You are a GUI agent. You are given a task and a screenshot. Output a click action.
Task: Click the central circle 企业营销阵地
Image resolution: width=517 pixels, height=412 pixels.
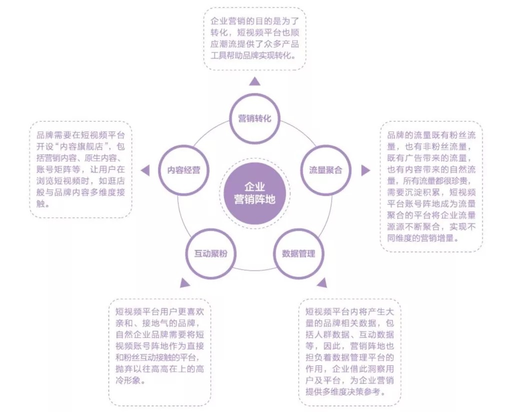tap(255, 193)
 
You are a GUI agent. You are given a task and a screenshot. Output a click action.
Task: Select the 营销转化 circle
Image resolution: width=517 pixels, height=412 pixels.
tap(255, 118)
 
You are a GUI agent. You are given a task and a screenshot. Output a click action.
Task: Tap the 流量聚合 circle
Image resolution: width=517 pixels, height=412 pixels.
tap(326, 170)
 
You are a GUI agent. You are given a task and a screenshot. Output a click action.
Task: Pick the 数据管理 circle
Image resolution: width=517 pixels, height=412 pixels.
tap(299, 254)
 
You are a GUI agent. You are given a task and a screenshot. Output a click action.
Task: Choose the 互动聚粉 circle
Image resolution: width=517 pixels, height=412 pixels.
tap(211, 254)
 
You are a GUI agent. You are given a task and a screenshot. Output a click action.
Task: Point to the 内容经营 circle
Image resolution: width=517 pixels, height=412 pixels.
tap(184, 170)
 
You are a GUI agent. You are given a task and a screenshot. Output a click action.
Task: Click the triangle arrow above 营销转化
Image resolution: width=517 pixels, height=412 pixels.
tap(255, 81)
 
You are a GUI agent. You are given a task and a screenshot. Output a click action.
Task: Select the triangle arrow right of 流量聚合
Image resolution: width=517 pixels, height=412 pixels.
tap(366, 170)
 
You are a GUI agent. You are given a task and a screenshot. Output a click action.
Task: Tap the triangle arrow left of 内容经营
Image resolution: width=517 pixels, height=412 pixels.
tap(145, 170)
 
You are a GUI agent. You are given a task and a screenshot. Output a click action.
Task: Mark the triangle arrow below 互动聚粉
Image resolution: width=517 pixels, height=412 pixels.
tap(185, 283)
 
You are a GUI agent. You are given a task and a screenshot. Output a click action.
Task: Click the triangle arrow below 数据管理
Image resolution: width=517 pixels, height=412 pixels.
tap(322, 283)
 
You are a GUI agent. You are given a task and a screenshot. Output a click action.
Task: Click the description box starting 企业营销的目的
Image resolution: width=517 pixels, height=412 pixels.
tap(255, 39)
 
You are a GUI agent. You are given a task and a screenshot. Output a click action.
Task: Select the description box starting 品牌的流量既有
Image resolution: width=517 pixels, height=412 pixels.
tap(431, 187)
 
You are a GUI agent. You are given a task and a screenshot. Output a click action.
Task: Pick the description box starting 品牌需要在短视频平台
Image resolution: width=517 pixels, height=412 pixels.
tap(81, 169)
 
